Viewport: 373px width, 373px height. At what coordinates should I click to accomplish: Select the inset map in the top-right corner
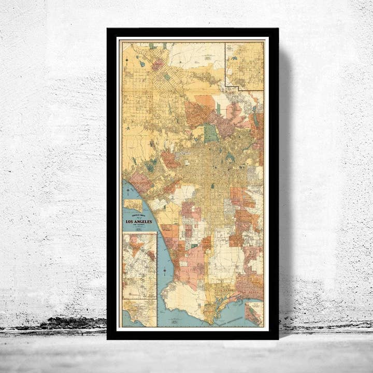pos(244,66)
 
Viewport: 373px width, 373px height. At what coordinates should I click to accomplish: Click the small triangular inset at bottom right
pos(253,314)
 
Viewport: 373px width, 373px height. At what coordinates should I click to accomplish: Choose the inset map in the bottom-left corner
pos(139,313)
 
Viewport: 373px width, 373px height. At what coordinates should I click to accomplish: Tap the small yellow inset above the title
pos(133,205)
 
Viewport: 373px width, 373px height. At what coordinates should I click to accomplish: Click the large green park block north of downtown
pos(211,133)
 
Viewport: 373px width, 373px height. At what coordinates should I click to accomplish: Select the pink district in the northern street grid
pos(157,65)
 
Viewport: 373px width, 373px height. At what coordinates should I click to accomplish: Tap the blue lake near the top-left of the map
pos(141,64)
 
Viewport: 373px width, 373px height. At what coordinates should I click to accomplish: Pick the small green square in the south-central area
pos(212,185)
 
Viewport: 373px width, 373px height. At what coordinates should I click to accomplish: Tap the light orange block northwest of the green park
pos(205,101)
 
